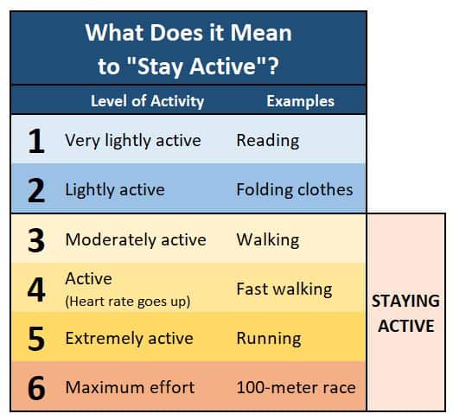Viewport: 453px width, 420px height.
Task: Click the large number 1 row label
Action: coord(36,141)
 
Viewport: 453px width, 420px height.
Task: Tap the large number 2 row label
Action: coord(36,190)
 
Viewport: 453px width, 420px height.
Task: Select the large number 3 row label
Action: coord(36,240)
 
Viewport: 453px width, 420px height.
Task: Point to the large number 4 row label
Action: coord(36,290)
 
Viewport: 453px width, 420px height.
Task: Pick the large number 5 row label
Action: coord(36,339)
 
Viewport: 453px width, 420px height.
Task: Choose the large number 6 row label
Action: coord(36,388)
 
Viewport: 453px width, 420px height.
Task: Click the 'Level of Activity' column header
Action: coord(147,101)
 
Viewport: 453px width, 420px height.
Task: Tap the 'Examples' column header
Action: coord(301,101)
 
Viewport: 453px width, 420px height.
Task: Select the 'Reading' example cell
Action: coord(268,141)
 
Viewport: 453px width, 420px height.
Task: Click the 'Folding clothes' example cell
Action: coord(295,190)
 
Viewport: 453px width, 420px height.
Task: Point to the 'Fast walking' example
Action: coord(284,290)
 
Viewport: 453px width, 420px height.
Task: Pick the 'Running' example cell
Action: coord(269,339)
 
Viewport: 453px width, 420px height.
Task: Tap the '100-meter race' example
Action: coord(297,387)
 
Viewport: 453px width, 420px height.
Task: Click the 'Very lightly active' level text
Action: coord(133,141)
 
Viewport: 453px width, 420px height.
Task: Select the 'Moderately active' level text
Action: coord(136,240)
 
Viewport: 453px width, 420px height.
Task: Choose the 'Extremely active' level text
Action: coord(130,338)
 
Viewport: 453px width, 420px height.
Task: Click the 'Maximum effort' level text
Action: coord(130,387)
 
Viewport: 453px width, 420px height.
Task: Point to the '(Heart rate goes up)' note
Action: coord(128,302)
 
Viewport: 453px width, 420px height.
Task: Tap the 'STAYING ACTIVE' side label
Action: coord(406,314)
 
